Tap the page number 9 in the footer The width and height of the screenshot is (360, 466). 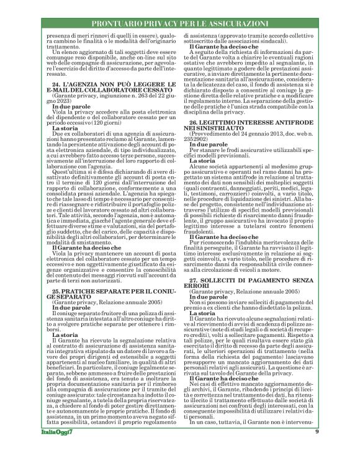(317, 449)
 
